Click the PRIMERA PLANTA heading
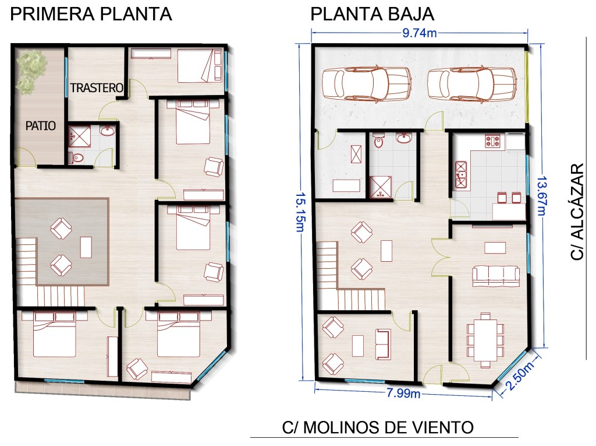[91, 14]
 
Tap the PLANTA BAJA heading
[372, 14]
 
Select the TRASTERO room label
[97, 88]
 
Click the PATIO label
[41, 126]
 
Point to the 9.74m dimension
[420, 33]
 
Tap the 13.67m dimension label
[541, 195]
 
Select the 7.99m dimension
[404, 393]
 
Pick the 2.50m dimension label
[520, 375]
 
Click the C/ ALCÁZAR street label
[577, 212]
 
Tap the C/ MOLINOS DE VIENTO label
[378, 427]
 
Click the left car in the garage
[367, 83]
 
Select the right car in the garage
[472, 83]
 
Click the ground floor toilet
[378, 141]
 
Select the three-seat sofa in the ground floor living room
[496, 276]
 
